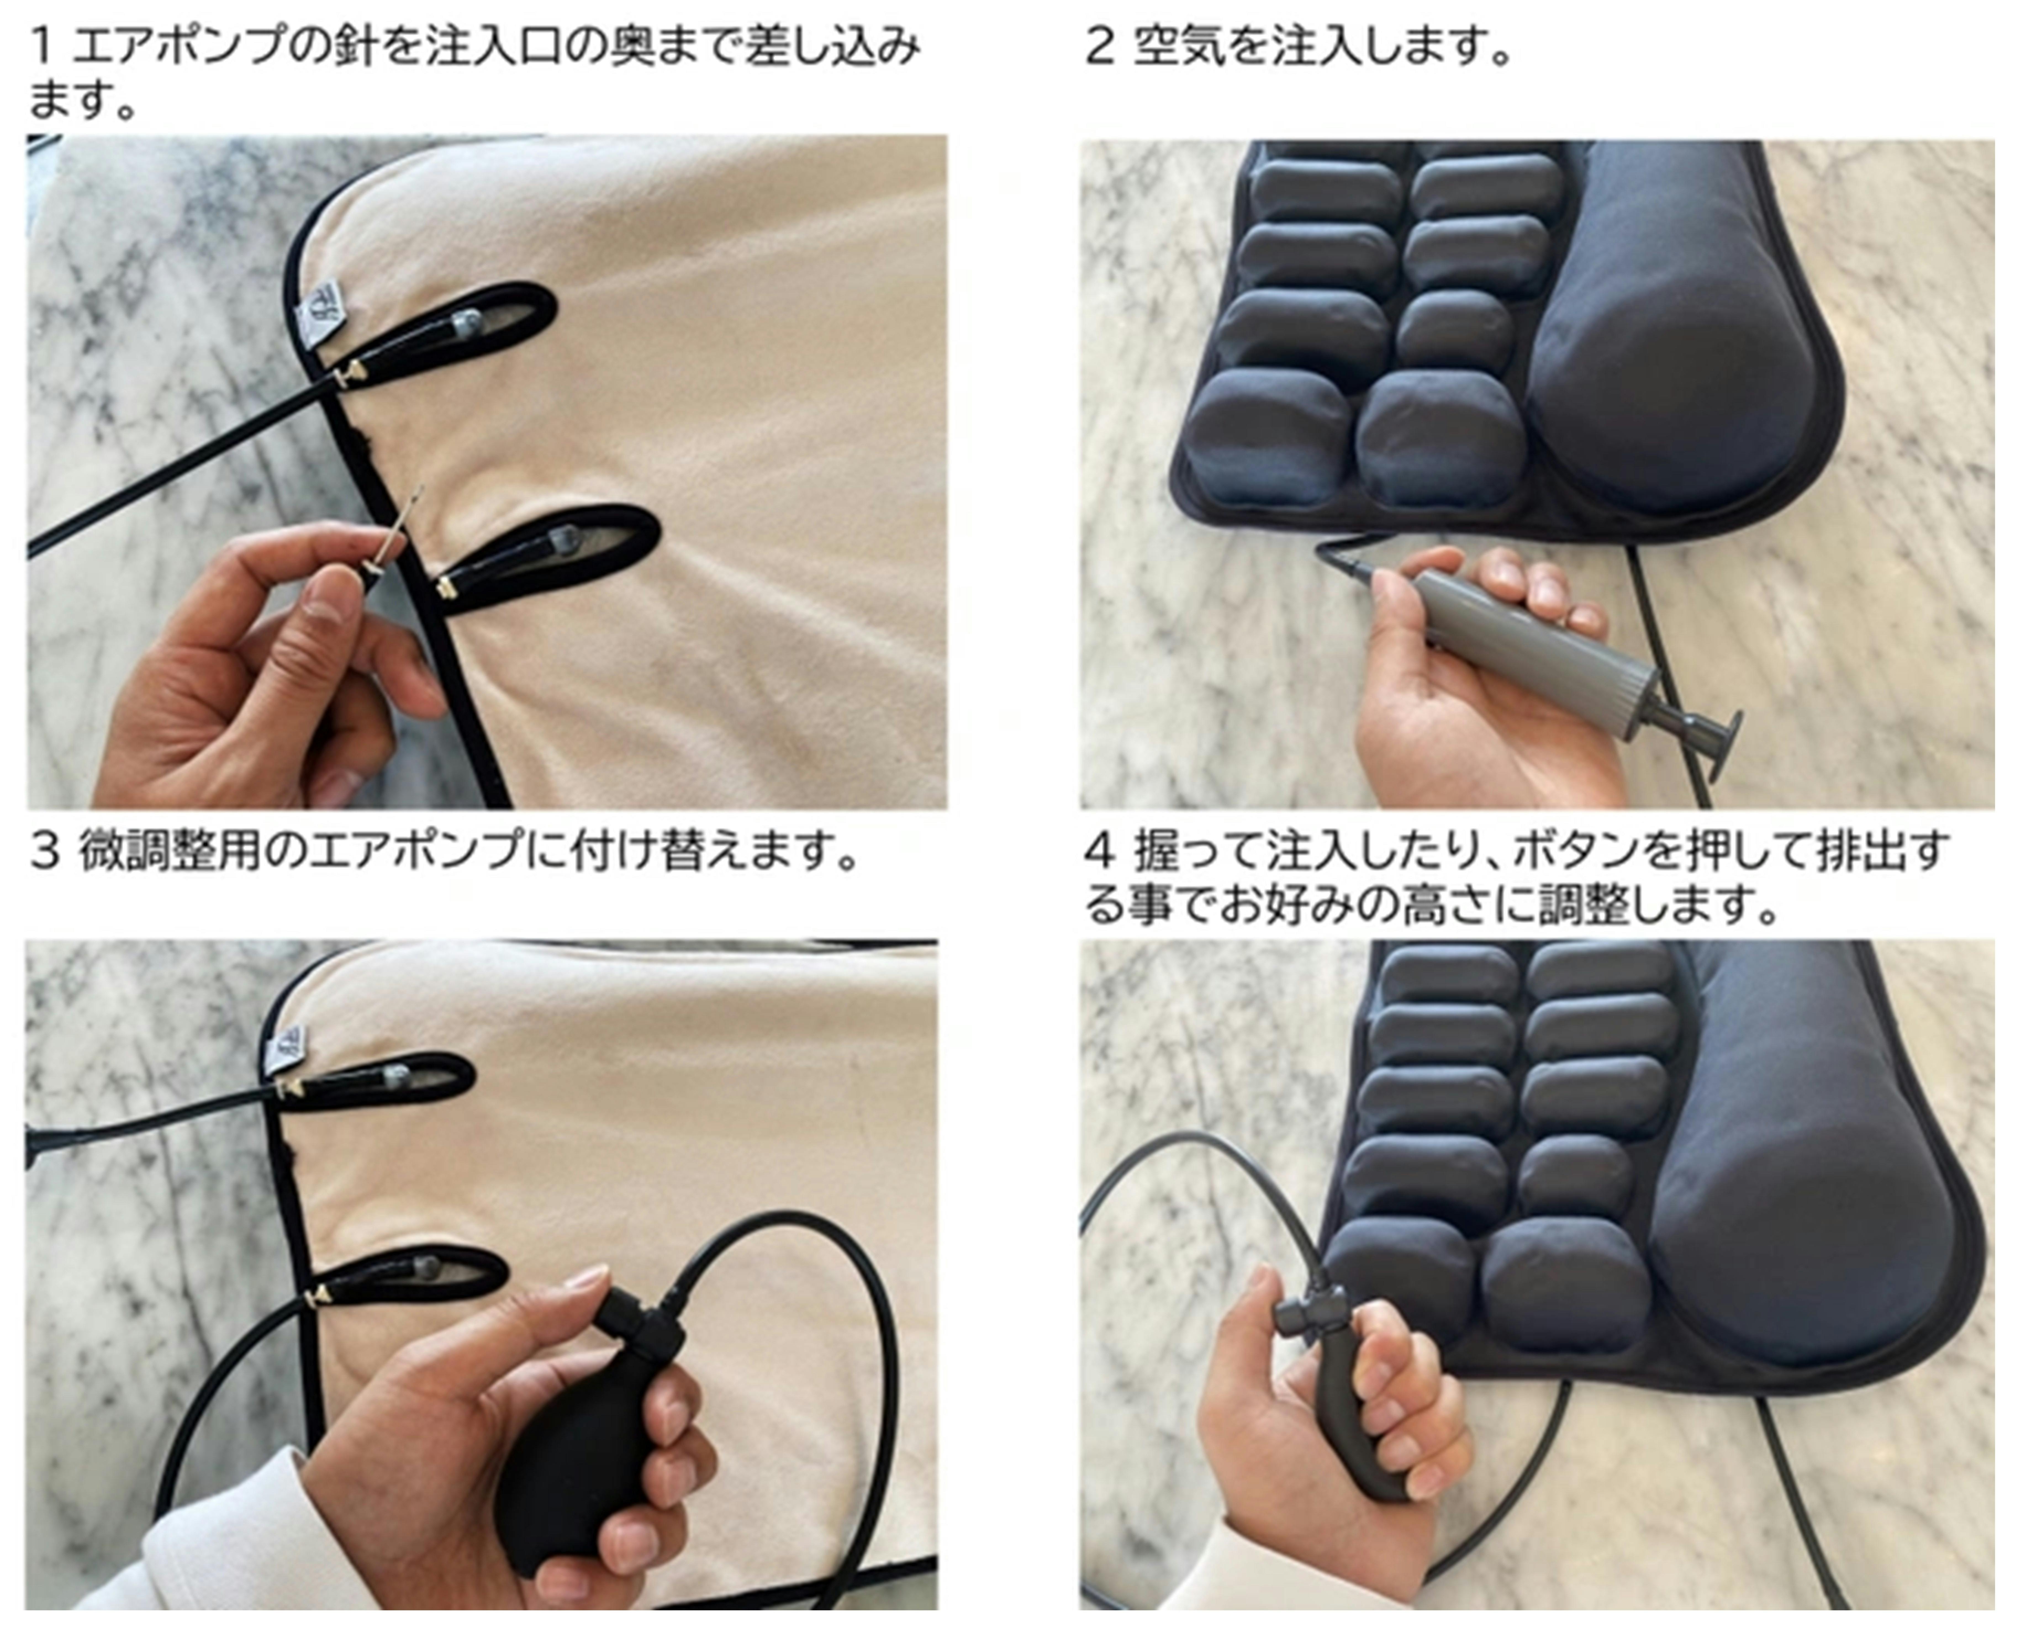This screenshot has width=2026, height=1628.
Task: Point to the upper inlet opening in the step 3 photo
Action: pos(376,1080)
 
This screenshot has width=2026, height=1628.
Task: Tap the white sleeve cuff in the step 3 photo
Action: pos(235,1541)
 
